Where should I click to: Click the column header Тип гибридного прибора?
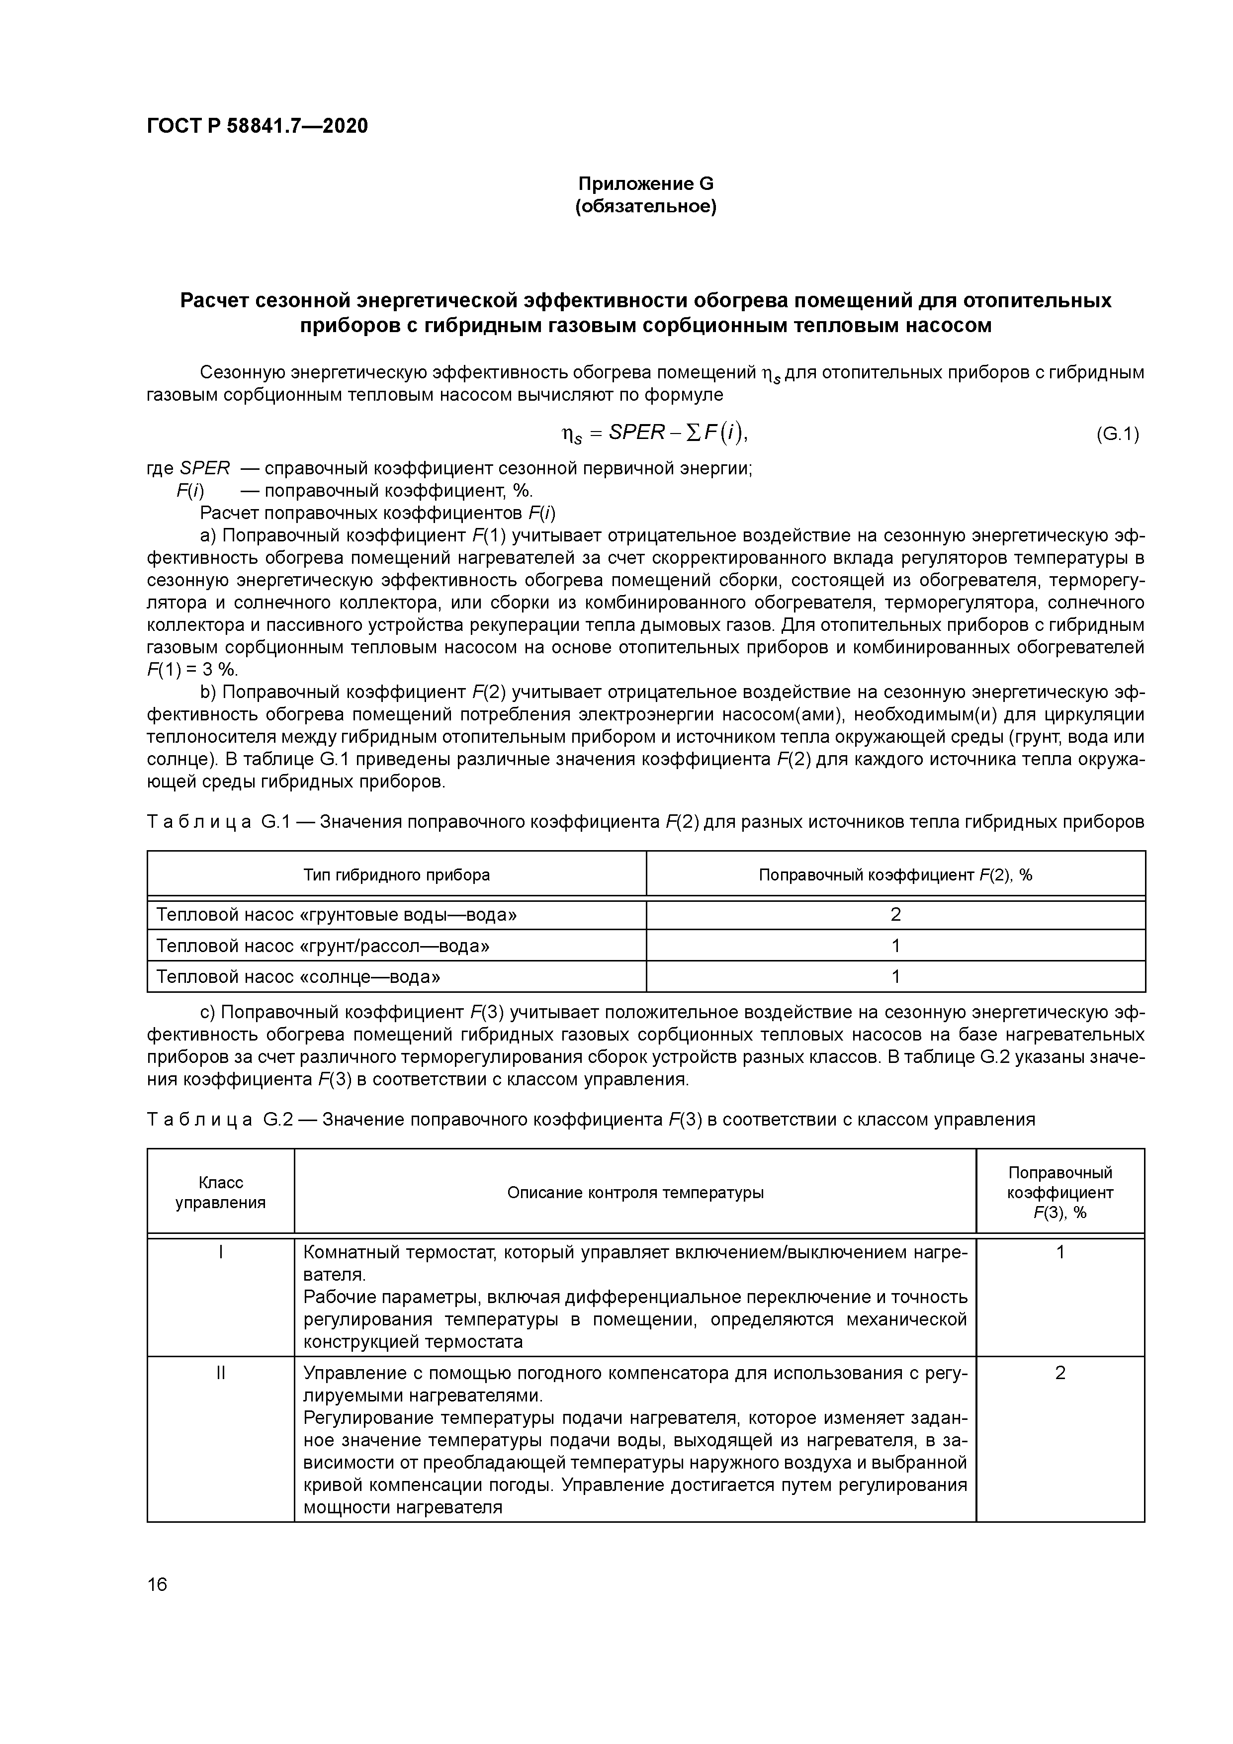[x=397, y=874]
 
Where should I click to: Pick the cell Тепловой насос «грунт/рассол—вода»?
[x=322, y=946]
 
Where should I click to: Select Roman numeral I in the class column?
[x=220, y=1252]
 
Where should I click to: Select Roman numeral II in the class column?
[x=220, y=1373]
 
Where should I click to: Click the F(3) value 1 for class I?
[x=1060, y=1252]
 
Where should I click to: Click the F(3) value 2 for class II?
[x=1060, y=1373]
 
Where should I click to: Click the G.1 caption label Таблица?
[x=199, y=822]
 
